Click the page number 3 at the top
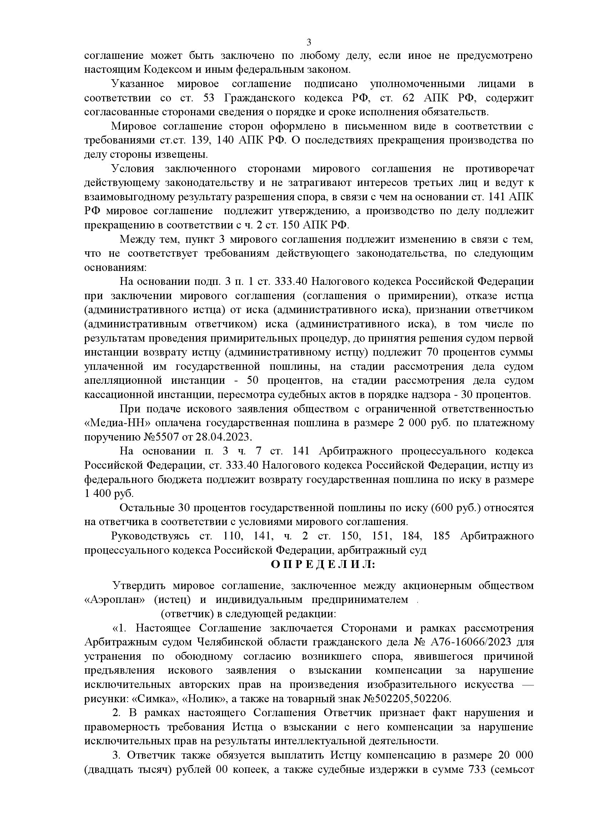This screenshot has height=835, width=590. tap(309, 42)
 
